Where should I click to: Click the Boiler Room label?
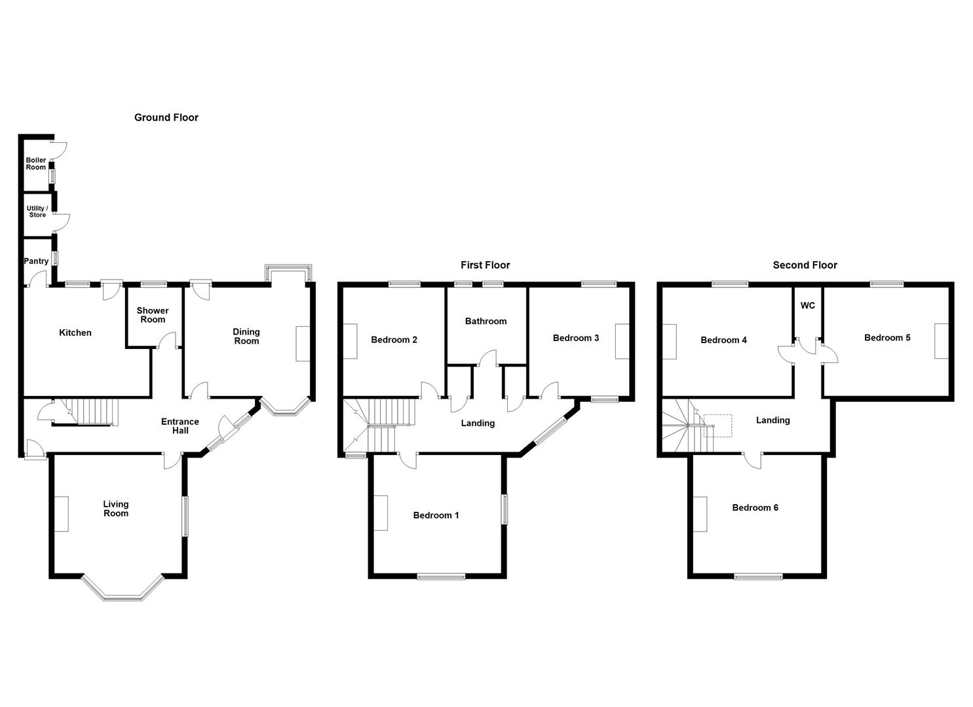tap(36, 164)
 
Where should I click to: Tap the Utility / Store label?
tap(37, 211)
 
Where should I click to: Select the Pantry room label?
tap(36, 261)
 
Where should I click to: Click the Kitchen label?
tap(75, 333)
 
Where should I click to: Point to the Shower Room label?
tap(153, 315)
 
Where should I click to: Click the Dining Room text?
tap(246, 336)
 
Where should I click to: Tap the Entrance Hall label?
tap(180, 426)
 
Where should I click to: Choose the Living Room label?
tap(116, 509)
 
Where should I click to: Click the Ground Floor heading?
tap(166, 118)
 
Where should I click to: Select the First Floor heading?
tap(485, 265)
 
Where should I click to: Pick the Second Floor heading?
tap(805, 265)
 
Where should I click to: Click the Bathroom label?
tap(486, 321)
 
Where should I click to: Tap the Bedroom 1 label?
tap(436, 515)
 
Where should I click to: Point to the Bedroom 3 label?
tap(576, 338)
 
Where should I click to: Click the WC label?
tap(808, 306)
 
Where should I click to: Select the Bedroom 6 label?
tap(755, 507)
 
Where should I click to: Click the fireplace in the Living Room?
tap(62, 514)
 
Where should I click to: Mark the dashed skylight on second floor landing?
tap(717, 425)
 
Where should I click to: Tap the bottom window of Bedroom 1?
tap(441, 577)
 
